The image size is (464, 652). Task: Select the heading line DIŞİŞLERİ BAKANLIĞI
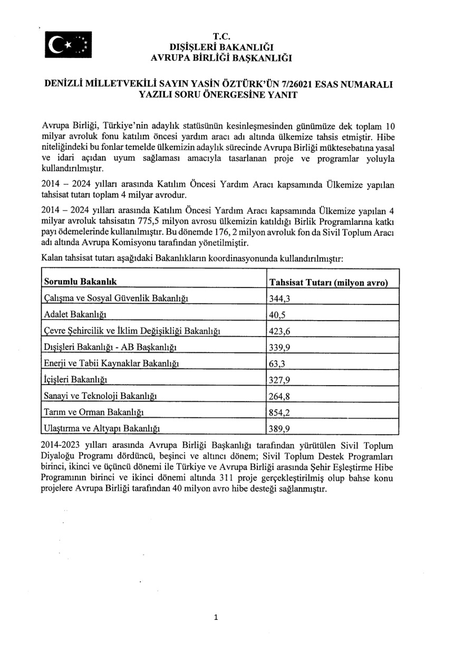(x=221, y=46)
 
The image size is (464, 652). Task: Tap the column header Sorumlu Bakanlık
(x=80, y=282)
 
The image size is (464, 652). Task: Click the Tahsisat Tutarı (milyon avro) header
(x=328, y=283)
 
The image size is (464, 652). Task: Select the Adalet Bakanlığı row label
(x=75, y=314)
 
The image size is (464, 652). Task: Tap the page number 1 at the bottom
(x=216, y=617)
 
